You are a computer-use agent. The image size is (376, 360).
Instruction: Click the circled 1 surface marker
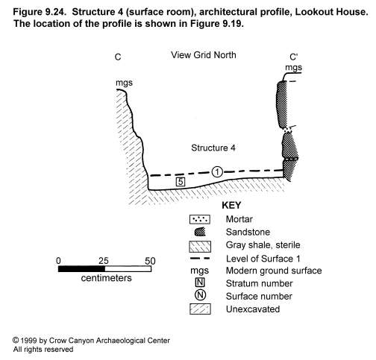tap(217, 172)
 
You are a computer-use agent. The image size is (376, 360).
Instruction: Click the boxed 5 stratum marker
tap(181, 182)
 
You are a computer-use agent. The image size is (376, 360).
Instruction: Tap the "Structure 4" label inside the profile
tap(213, 148)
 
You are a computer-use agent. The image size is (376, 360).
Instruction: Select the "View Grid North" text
tap(204, 55)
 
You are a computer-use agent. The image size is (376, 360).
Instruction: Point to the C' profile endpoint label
tap(294, 57)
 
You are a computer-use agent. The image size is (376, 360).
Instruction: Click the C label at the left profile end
tap(118, 57)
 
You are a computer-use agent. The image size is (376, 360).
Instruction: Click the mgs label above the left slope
tap(124, 83)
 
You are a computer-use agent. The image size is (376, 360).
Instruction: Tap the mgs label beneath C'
tap(294, 68)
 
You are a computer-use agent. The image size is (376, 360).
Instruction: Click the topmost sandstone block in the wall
tap(282, 104)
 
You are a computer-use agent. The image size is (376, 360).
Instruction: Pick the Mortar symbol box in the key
tap(200, 219)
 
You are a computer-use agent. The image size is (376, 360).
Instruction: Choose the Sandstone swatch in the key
tap(200, 232)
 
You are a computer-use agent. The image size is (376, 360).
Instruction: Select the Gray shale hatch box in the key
tap(200, 247)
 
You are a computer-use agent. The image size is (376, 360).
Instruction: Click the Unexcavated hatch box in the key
tap(200, 309)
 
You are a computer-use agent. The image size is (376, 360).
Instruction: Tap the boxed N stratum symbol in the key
tap(200, 282)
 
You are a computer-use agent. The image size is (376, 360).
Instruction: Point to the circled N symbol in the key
tap(200, 295)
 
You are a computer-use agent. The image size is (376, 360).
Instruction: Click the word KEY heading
tap(231, 206)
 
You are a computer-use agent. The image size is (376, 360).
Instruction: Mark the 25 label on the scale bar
tap(104, 261)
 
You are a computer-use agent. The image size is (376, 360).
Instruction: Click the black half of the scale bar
tap(81, 269)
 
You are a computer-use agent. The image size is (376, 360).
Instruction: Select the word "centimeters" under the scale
tap(106, 278)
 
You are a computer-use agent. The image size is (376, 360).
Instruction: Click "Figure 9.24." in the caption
tap(40, 12)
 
